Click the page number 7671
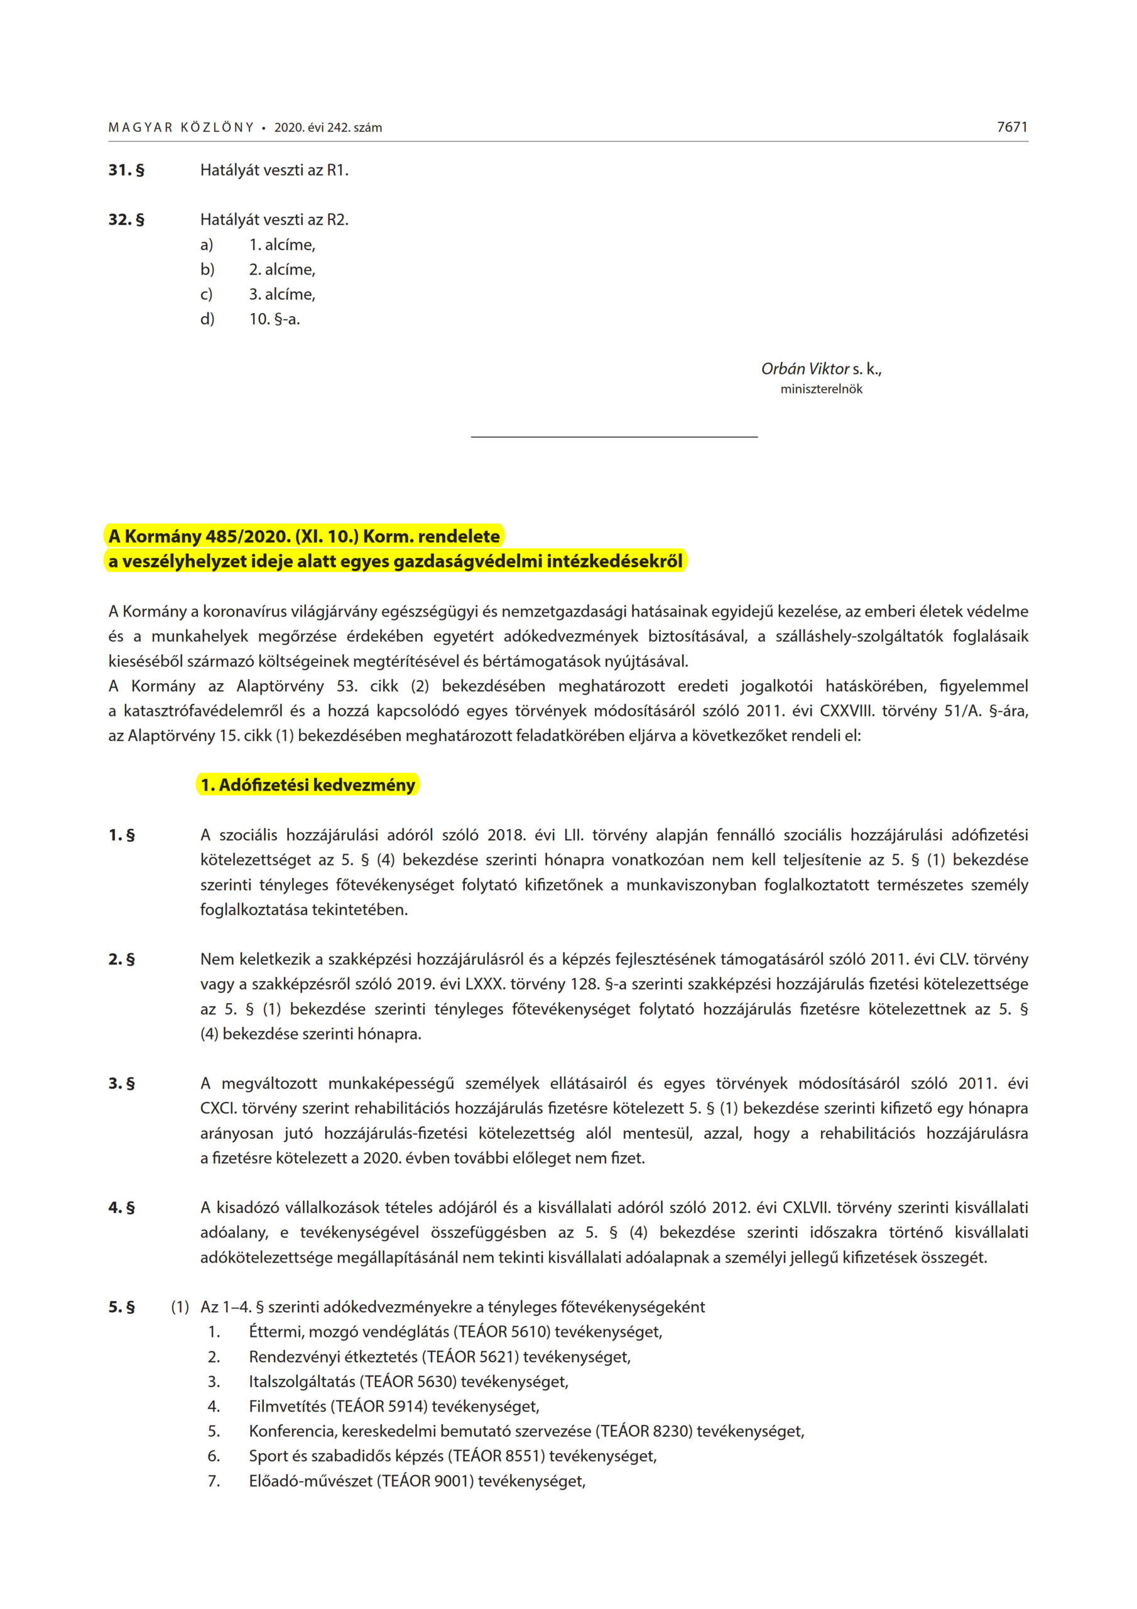pos(1011,127)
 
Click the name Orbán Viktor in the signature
pos(805,368)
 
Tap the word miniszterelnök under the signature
pos(821,389)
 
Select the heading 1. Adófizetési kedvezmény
pos(308,785)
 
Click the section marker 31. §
pos(126,170)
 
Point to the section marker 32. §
pos(126,219)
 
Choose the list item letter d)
pos(207,319)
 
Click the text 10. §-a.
pos(274,319)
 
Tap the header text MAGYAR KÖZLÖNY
pos(181,128)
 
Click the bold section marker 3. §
pos(122,1084)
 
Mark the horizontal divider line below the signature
pos(614,437)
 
